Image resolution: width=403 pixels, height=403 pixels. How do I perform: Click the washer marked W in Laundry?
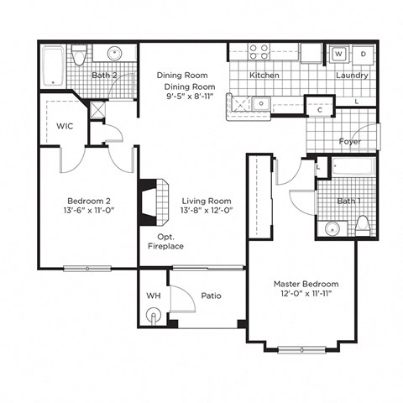pyautogui.click(x=338, y=54)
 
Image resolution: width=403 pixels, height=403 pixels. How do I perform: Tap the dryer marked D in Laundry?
pyautogui.click(x=363, y=54)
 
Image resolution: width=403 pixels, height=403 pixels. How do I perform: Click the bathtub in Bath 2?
pyautogui.click(x=54, y=66)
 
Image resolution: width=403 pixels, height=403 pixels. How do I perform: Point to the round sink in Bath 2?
pyautogui.click(x=115, y=55)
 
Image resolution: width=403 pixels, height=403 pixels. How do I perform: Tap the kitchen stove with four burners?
pyautogui.click(x=259, y=51)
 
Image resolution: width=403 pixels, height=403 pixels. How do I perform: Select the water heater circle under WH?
pyautogui.click(x=153, y=316)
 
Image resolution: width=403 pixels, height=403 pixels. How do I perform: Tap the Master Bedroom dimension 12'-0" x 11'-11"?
pyautogui.click(x=300, y=293)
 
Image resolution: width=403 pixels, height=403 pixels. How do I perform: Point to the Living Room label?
pyautogui.click(x=206, y=201)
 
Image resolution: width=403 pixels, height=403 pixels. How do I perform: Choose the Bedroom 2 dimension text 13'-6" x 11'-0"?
pyautogui.click(x=89, y=210)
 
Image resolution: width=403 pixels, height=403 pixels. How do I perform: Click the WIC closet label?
pyautogui.click(x=65, y=126)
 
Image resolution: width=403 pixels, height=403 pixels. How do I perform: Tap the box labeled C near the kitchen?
pyautogui.click(x=320, y=109)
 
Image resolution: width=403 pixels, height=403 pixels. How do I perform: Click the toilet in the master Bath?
pyautogui.click(x=363, y=224)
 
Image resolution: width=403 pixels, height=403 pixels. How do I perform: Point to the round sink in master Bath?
pyautogui.click(x=332, y=228)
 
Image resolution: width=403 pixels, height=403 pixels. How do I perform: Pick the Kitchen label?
pyautogui.click(x=264, y=76)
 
